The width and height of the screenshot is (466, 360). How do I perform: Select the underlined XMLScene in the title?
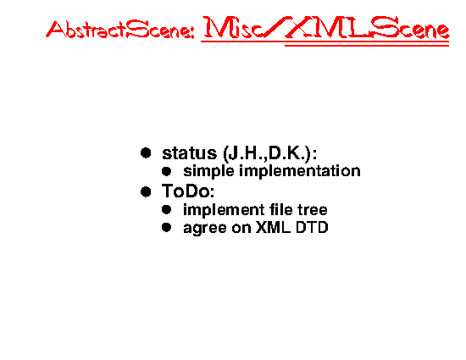368,27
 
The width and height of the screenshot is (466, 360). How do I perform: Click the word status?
189,153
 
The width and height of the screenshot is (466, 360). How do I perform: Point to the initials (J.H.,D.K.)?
269,154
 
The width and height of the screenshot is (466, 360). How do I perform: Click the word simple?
208,172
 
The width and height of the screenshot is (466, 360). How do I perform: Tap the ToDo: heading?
188,191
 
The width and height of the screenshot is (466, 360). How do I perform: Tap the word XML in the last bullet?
273,228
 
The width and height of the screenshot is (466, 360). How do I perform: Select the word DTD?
312,228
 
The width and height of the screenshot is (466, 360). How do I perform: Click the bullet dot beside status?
146,153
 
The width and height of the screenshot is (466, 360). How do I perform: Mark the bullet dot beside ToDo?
146,191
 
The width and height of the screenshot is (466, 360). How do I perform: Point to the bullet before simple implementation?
166,171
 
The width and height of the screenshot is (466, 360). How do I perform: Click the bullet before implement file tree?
166,210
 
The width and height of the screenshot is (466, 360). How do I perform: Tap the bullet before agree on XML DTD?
166,228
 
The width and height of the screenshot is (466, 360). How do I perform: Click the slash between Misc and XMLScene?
275,27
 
